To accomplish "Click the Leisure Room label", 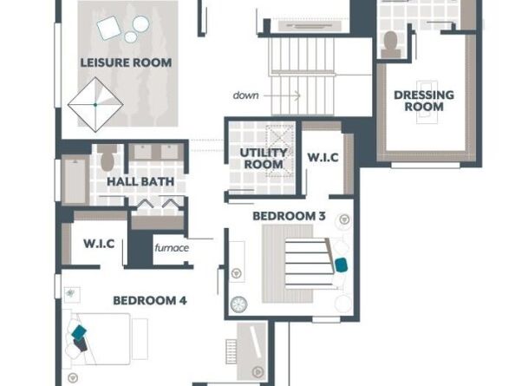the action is (126, 62).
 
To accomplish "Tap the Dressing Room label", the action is (424, 101).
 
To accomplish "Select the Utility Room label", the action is (264, 159).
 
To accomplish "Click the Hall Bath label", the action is (140, 181).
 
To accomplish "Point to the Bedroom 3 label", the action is (289, 216).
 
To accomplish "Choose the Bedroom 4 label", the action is (150, 301).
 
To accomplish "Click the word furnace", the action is (172, 247).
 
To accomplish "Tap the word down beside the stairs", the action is (245, 95).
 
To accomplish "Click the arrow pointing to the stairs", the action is (282, 95).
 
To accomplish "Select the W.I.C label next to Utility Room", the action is (323, 157).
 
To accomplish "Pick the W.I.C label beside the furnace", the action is (99, 244).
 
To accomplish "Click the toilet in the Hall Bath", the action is (107, 157).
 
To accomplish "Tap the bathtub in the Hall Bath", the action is (75, 180).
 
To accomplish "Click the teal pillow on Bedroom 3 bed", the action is (342, 265).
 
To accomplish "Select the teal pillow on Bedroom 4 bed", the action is (79, 331).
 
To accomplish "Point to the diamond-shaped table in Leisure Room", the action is (95, 105).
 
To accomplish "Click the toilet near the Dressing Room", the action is (390, 44).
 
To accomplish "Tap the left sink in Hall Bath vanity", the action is (143, 152).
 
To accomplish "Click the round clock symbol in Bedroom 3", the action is (238, 304).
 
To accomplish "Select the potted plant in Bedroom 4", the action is (70, 292).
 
